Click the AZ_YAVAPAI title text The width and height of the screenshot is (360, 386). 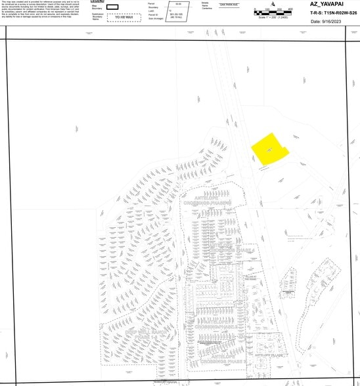tap(328, 5)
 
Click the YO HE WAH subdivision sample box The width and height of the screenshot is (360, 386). tap(124, 18)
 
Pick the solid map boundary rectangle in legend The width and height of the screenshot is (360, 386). tap(112, 7)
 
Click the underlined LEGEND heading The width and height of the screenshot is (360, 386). tap(97, 1)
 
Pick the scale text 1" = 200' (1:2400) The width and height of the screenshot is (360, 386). tap(270, 17)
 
